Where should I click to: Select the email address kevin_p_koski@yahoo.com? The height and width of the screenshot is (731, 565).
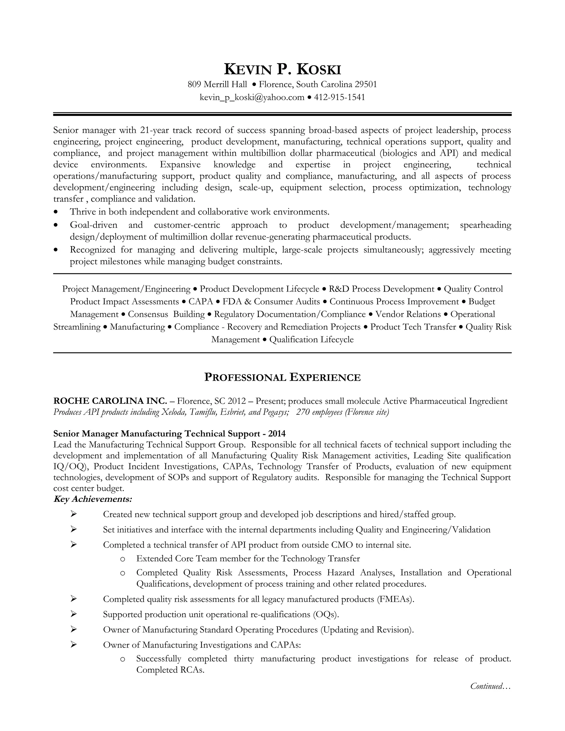252,97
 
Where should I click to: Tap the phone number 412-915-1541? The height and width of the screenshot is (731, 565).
339,97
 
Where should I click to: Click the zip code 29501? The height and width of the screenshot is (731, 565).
366,84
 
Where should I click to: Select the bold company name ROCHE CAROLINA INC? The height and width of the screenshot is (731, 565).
110,401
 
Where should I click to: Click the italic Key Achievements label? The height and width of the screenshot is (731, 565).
93,499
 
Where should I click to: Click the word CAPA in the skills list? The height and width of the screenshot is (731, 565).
201,302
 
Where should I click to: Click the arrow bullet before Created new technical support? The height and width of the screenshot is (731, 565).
74,514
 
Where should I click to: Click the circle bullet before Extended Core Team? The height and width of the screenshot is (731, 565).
122,559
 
